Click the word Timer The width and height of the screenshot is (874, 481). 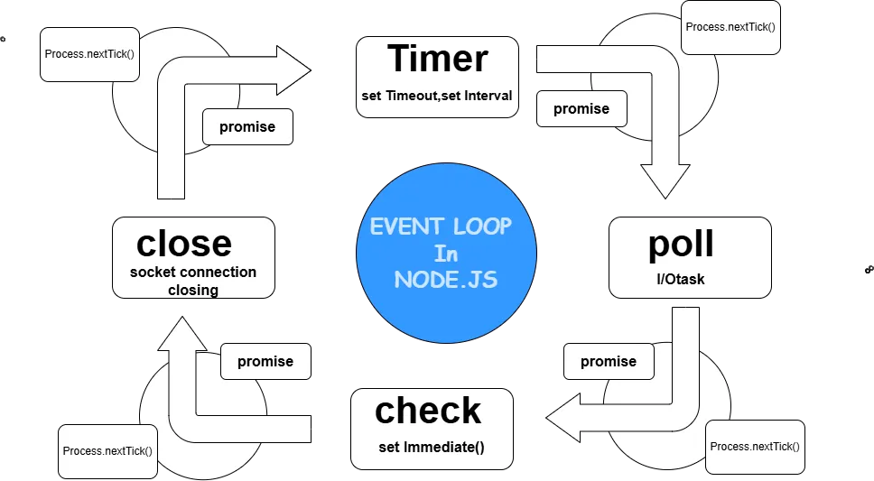coord(438,60)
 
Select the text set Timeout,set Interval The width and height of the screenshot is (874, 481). coord(438,97)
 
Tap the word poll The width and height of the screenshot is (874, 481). coord(681,244)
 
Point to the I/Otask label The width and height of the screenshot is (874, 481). coord(681,280)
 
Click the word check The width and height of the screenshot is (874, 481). coord(429,411)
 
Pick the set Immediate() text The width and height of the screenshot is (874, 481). coord(432,448)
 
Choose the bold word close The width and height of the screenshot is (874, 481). coord(184,243)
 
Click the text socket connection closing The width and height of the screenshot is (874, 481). coord(193,281)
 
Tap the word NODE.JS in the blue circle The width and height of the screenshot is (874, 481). coord(445,281)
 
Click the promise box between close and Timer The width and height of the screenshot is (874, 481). coord(246,126)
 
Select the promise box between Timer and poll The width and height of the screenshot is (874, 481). coord(581,109)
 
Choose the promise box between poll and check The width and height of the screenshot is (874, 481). coord(608,362)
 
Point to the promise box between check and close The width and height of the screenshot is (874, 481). coord(265,362)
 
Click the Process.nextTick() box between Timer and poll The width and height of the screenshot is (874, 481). coord(730,27)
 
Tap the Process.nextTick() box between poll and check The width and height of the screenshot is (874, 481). coord(754,447)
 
